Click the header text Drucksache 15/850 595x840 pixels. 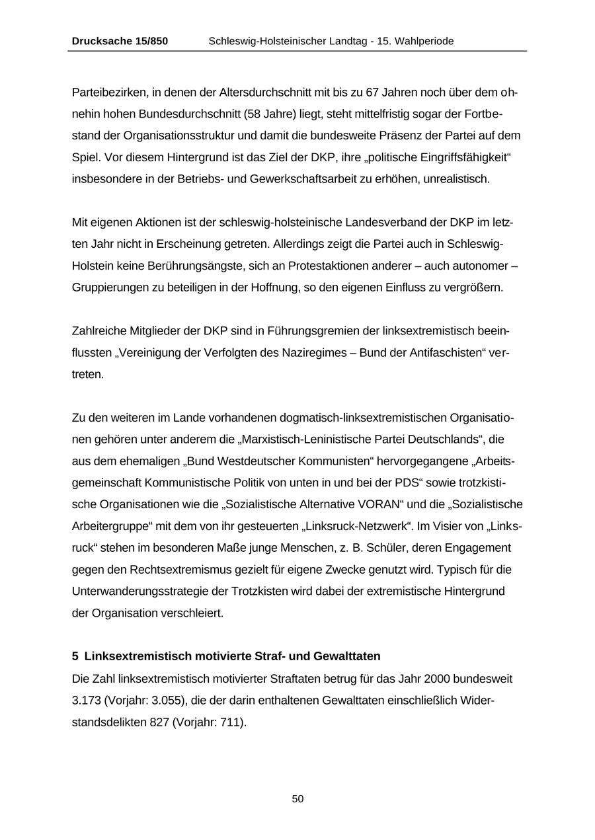pos(120,41)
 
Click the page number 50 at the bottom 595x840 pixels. pos(297,799)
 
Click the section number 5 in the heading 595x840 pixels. pos(75,656)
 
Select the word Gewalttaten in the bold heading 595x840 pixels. pos(349,656)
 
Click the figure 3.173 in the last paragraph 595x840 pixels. pos(87,700)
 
